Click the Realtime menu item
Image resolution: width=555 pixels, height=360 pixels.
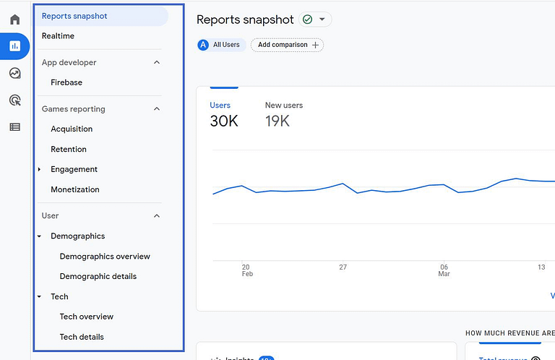point(58,36)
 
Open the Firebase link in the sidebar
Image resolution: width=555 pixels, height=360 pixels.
point(66,82)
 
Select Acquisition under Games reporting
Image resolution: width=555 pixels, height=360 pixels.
point(72,129)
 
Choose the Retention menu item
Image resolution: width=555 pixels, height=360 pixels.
point(69,149)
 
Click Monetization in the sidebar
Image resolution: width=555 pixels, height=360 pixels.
point(75,189)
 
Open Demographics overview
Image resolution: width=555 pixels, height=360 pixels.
point(105,256)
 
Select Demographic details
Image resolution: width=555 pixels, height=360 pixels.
point(98,276)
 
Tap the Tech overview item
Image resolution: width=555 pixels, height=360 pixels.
point(87,317)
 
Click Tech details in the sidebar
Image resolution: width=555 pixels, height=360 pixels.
point(82,337)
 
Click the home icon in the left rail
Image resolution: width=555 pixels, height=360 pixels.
point(14,20)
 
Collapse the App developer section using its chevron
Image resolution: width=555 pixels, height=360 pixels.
point(157,63)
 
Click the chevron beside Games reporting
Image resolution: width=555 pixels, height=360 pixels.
point(157,109)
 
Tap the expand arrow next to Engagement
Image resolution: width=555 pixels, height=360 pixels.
point(40,169)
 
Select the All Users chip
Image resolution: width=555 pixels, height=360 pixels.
point(219,45)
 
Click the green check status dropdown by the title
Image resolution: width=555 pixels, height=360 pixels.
point(314,20)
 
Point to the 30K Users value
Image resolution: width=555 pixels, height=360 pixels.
point(224,121)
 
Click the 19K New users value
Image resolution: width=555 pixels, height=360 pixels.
point(277,121)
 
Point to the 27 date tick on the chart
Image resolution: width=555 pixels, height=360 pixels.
point(343,267)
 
